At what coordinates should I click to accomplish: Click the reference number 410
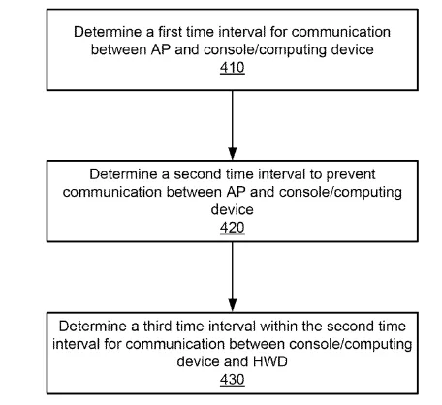(x=233, y=68)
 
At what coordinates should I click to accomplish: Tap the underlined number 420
(x=233, y=228)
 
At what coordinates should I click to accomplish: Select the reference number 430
(x=233, y=379)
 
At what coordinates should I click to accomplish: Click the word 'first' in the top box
(x=170, y=32)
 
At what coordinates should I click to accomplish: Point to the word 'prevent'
(x=351, y=174)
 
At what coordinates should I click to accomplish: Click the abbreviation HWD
(x=270, y=361)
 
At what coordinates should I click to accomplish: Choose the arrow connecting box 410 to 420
(x=233, y=125)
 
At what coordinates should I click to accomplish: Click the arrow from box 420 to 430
(x=233, y=277)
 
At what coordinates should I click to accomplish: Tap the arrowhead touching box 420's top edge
(x=233, y=154)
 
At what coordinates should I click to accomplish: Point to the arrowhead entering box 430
(x=233, y=306)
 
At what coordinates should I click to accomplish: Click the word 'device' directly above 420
(x=233, y=209)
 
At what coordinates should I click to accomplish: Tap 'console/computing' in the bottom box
(x=351, y=345)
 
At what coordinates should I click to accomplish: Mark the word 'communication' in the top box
(x=341, y=32)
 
